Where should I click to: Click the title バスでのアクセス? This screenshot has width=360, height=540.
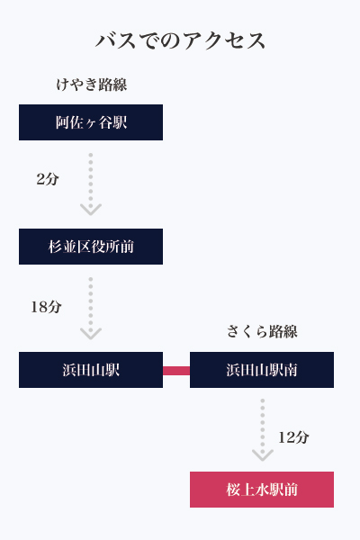[x=180, y=40]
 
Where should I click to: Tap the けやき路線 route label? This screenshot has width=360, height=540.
[x=92, y=85]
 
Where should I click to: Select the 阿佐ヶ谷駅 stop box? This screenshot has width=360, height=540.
[x=91, y=122]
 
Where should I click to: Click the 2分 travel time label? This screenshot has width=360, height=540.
[x=48, y=179]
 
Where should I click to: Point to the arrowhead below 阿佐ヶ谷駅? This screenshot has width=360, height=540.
[x=91, y=210]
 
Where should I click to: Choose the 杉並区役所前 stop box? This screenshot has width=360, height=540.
[x=91, y=247]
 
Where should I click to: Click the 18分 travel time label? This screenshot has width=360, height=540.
[x=46, y=307]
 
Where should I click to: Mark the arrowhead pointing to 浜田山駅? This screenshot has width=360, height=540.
[x=91, y=333]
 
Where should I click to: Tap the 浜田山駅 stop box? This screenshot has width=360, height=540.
[x=91, y=370]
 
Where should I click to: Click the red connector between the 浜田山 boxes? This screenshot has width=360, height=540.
[x=176, y=371]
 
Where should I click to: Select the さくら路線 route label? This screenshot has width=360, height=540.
[x=262, y=331]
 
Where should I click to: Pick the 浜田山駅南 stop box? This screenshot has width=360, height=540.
[x=262, y=370]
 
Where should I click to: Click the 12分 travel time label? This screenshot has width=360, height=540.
[x=293, y=437]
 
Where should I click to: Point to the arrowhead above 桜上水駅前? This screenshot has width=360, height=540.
[x=263, y=454]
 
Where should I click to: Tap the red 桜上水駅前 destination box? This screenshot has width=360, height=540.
[x=262, y=490]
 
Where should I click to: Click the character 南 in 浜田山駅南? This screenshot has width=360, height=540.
[x=291, y=370]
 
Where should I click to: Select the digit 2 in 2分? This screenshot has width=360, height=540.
[x=40, y=179]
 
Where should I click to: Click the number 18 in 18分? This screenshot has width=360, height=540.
[x=39, y=307]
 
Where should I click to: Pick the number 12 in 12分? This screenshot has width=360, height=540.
[x=286, y=437]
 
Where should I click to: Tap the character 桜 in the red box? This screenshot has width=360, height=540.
[x=233, y=490]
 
